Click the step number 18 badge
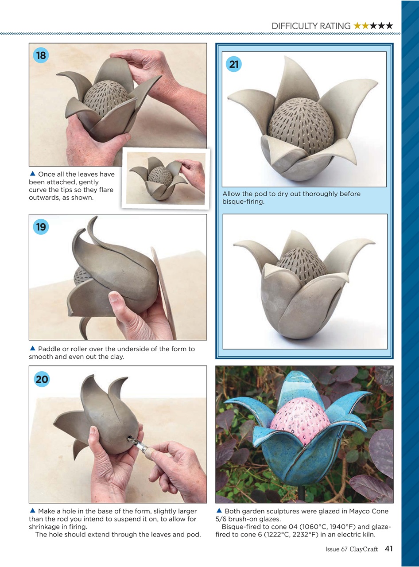coord(41,55)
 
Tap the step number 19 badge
coord(41,227)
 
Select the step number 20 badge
coord(42,379)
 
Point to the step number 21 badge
coord(234,65)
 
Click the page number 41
coord(388,549)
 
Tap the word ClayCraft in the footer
coord(364,549)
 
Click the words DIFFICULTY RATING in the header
coord(311,26)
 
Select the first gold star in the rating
coord(357,26)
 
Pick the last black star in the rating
coord(389,26)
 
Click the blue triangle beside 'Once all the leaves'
coord(32,174)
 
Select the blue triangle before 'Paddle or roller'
coord(32,349)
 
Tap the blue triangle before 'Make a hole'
coord(32,511)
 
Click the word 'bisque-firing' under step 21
coord(243,202)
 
